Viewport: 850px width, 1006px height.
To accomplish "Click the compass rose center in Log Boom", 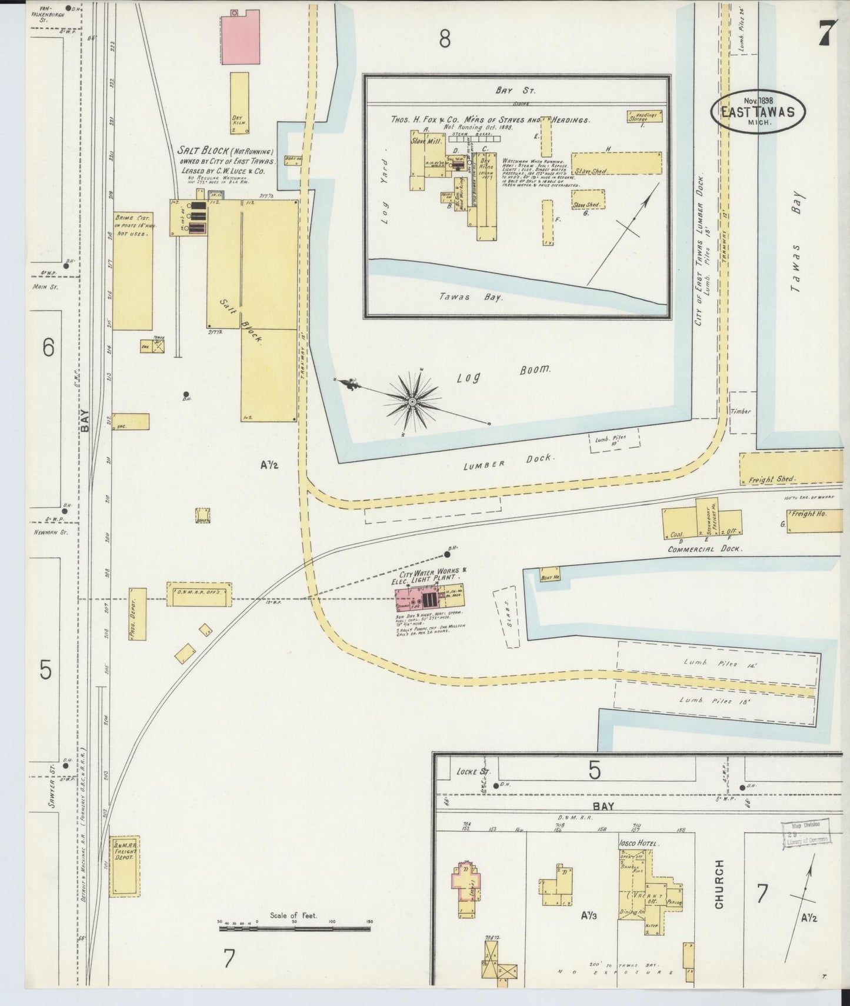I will [412, 401].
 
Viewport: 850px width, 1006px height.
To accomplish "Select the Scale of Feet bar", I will [294, 929].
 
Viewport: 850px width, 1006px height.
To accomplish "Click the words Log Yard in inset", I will [385, 192].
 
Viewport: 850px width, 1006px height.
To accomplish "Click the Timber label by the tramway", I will [741, 411].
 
